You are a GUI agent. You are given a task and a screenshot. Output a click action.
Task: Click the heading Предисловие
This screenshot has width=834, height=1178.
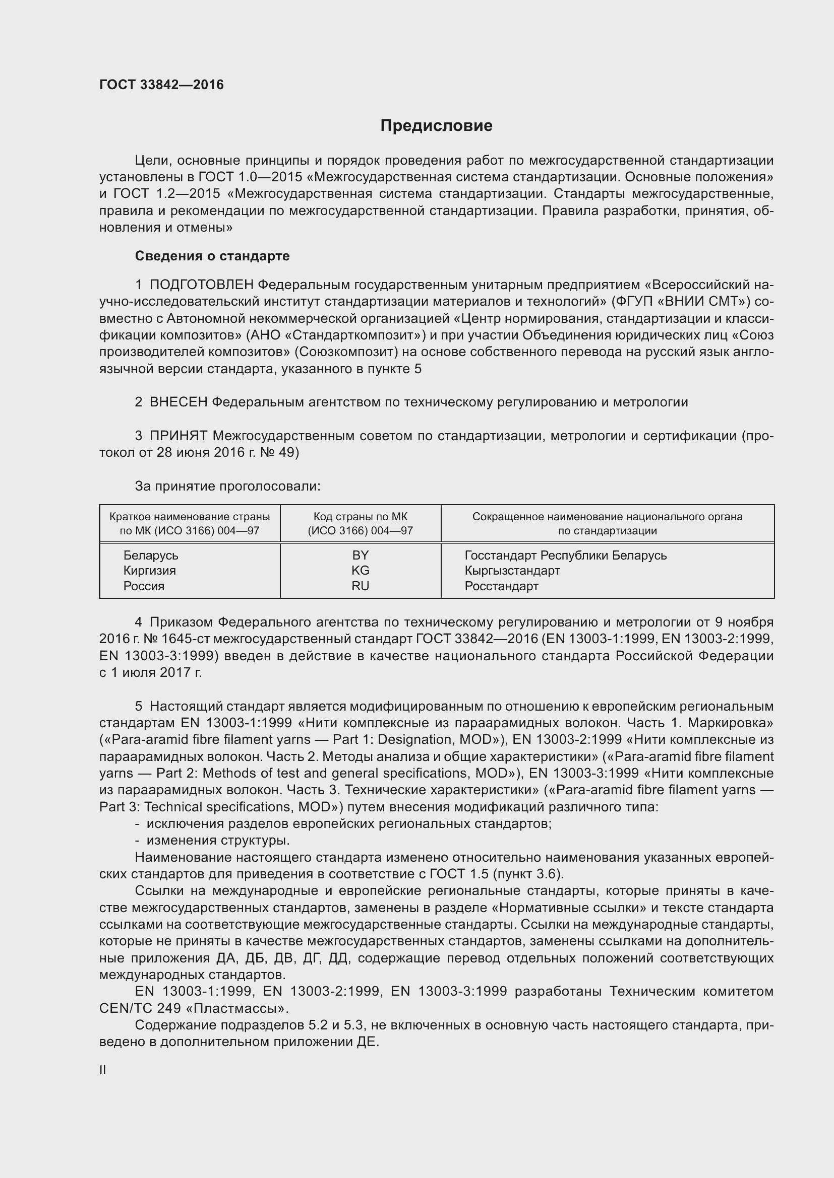pos(436,126)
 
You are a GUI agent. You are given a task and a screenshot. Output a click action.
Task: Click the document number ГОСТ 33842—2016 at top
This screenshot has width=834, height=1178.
pos(161,85)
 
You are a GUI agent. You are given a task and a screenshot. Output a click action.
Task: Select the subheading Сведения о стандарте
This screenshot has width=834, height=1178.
pos(212,255)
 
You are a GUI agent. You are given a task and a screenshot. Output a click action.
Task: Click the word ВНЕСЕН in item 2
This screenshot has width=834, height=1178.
pos(178,402)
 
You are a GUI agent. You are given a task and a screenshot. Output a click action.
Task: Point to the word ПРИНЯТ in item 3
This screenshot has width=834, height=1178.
pos(178,436)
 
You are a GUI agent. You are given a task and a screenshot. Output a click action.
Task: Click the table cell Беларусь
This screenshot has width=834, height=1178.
pos(150,555)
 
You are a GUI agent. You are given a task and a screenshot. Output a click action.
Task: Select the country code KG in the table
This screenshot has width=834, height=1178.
pos(360,571)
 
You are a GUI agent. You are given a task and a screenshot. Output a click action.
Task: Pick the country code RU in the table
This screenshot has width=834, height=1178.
pos(360,586)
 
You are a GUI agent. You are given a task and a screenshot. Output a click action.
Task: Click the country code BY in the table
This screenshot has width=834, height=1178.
pos(360,555)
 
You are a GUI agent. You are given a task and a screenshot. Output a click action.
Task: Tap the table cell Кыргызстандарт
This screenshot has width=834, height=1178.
pos(512,571)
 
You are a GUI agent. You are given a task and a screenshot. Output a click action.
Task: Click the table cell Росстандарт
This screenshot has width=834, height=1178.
pos(501,586)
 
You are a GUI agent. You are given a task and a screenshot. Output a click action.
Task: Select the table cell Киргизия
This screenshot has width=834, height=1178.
pos(149,571)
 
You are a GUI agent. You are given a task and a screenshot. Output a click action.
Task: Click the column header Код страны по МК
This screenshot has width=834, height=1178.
pos(360,517)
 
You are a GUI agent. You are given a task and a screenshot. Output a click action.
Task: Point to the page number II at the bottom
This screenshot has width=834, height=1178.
pos(103,1070)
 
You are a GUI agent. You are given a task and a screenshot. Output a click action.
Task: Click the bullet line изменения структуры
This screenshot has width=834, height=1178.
pos(218,841)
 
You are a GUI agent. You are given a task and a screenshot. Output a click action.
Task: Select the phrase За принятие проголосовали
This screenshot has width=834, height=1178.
pos(227,486)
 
